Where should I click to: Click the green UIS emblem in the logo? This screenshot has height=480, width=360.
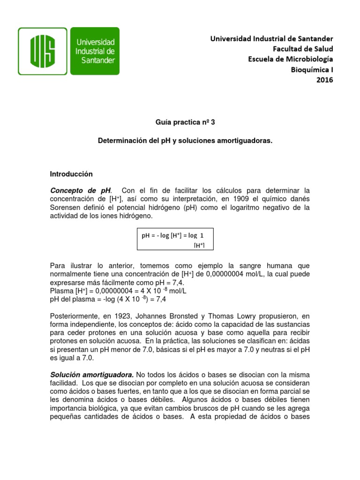[x=43, y=51]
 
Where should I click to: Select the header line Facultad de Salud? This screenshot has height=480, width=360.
[x=303, y=48]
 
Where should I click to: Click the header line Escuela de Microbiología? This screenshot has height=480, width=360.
[x=290, y=59]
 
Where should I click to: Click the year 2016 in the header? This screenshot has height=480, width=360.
[x=324, y=80]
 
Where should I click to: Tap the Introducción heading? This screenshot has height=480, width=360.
[x=71, y=174]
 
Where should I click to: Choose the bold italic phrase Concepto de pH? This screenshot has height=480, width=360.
[x=81, y=190]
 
